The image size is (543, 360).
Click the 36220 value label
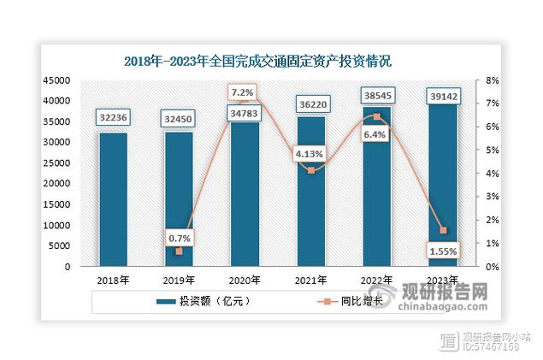click(x=311, y=106)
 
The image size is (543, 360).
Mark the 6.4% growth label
click(x=377, y=134)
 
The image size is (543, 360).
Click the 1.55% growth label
click(x=442, y=251)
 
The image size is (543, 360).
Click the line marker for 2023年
click(x=442, y=230)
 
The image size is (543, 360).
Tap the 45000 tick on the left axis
click(x=56, y=80)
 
